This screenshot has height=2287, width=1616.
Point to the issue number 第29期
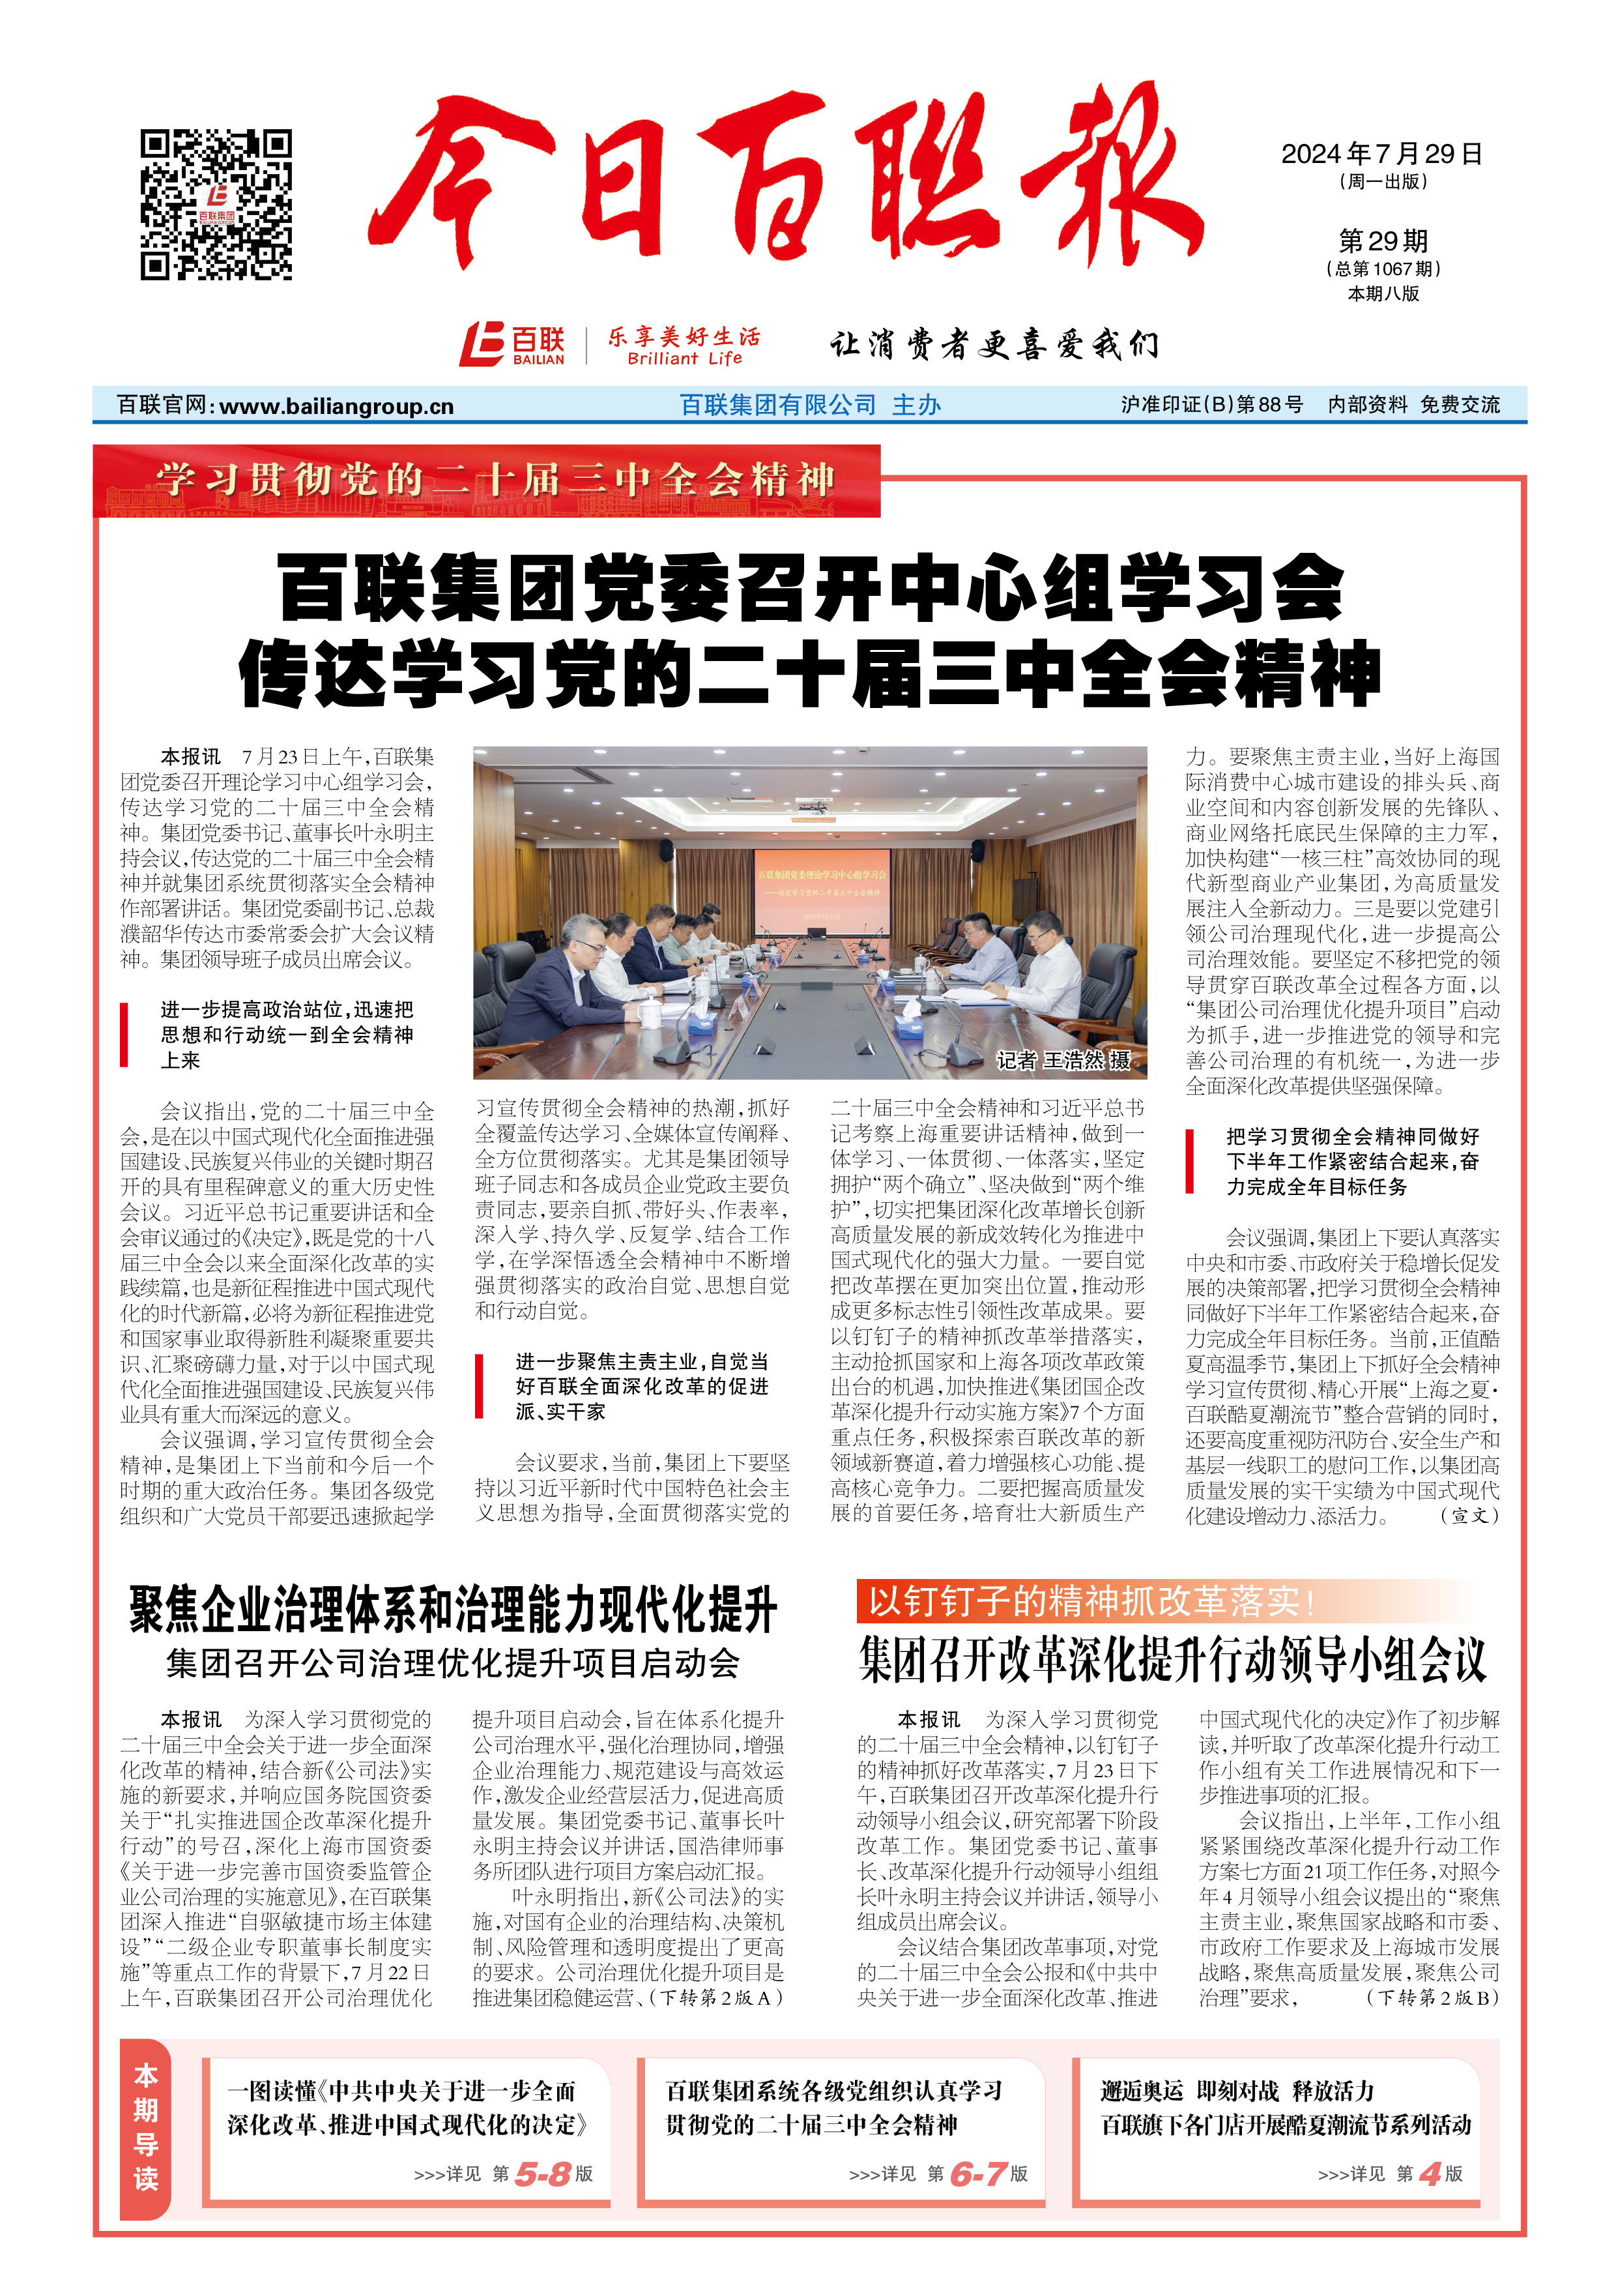coord(1383,241)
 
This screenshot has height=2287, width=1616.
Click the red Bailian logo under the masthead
coord(512,345)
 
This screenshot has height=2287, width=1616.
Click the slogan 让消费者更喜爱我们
coord(994,345)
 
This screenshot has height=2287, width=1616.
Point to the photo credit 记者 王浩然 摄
coord(1063,1060)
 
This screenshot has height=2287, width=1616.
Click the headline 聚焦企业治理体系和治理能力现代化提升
coord(453,1611)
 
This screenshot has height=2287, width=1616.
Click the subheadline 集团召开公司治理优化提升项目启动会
coord(453,1662)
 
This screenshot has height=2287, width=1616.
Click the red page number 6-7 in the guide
coord(978,2174)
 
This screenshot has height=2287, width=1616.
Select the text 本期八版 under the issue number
coord(1383,294)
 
